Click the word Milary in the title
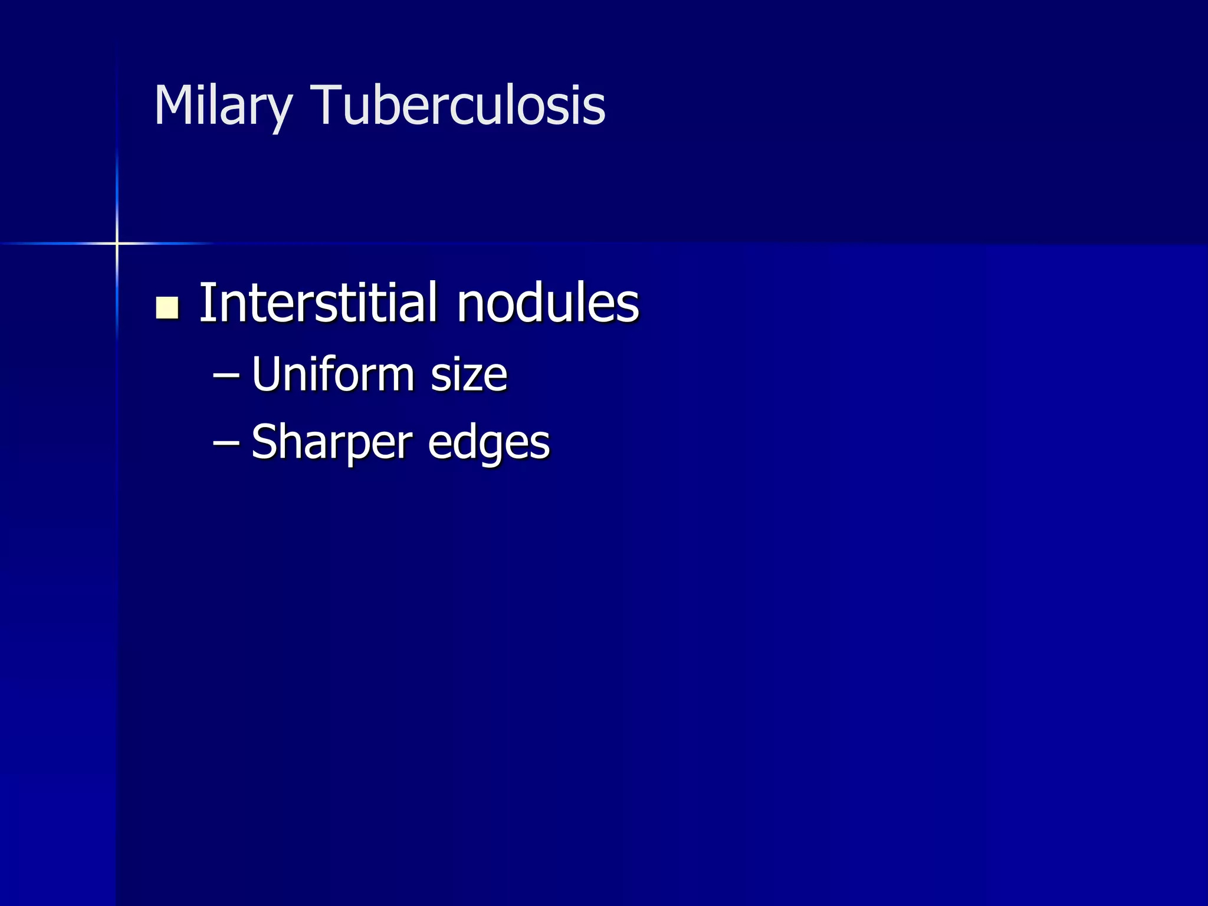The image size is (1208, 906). click(223, 106)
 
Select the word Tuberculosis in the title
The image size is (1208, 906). click(458, 106)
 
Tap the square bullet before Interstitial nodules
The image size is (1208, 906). click(168, 307)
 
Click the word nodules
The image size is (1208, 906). click(548, 304)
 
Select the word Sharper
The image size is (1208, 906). click(332, 442)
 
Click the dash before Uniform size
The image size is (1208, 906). click(226, 374)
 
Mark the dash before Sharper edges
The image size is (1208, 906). click(226, 441)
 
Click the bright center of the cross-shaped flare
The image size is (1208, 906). click(117, 243)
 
